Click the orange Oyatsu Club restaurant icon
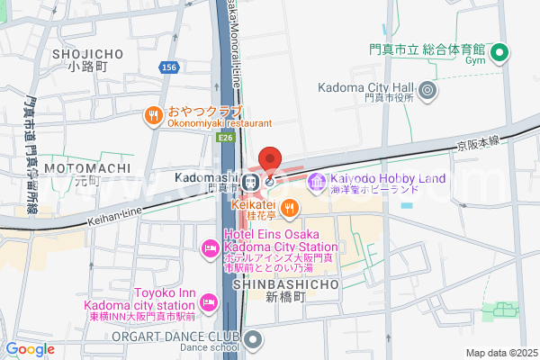[x=155, y=114]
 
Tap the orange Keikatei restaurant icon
[x=289, y=210]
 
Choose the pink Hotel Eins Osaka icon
[x=209, y=247]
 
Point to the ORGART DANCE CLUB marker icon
[x=253, y=340]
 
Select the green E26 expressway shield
[x=226, y=138]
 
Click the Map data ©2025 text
[x=499, y=353]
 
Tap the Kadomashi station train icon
[x=254, y=181]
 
